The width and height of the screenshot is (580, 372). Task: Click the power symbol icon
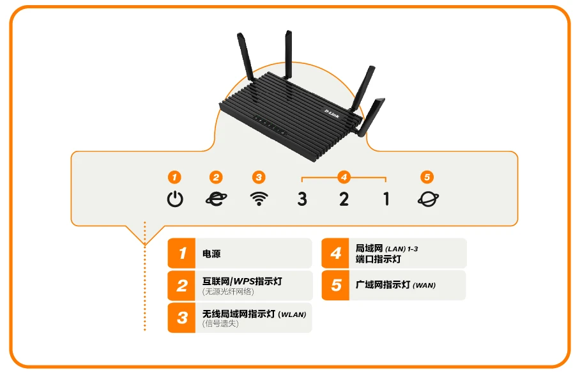(x=175, y=199)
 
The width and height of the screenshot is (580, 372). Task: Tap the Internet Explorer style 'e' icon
(x=216, y=199)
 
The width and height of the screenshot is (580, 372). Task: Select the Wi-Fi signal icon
(x=258, y=199)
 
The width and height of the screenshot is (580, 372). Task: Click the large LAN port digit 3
(x=302, y=199)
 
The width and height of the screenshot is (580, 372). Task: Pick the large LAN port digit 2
(x=344, y=199)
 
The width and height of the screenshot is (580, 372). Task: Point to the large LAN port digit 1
(x=386, y=199)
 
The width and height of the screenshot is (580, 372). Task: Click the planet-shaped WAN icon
(x=428, y=199)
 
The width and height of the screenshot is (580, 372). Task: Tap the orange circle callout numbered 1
(x=174, y=177)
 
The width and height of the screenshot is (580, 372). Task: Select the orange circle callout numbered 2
(x=216, y=177)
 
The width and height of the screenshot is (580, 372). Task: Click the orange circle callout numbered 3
(x=258, y=177)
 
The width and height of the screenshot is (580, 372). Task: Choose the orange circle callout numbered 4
(x=344, y=177)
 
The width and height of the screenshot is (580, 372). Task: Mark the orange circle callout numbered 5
(x=427, y=177)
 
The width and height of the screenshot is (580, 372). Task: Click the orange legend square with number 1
(x=182, y=254)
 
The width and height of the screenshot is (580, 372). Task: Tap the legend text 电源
(x=211, y=254)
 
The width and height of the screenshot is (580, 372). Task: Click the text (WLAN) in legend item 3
(x=293, y=314)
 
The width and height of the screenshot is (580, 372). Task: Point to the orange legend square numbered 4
(x=336, y=254)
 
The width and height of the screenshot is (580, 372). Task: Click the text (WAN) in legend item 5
(x=424, y=285)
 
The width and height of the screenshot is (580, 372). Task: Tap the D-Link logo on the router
(x=332, y=113)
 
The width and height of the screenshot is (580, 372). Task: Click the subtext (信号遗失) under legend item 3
(x=220, y=323)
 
